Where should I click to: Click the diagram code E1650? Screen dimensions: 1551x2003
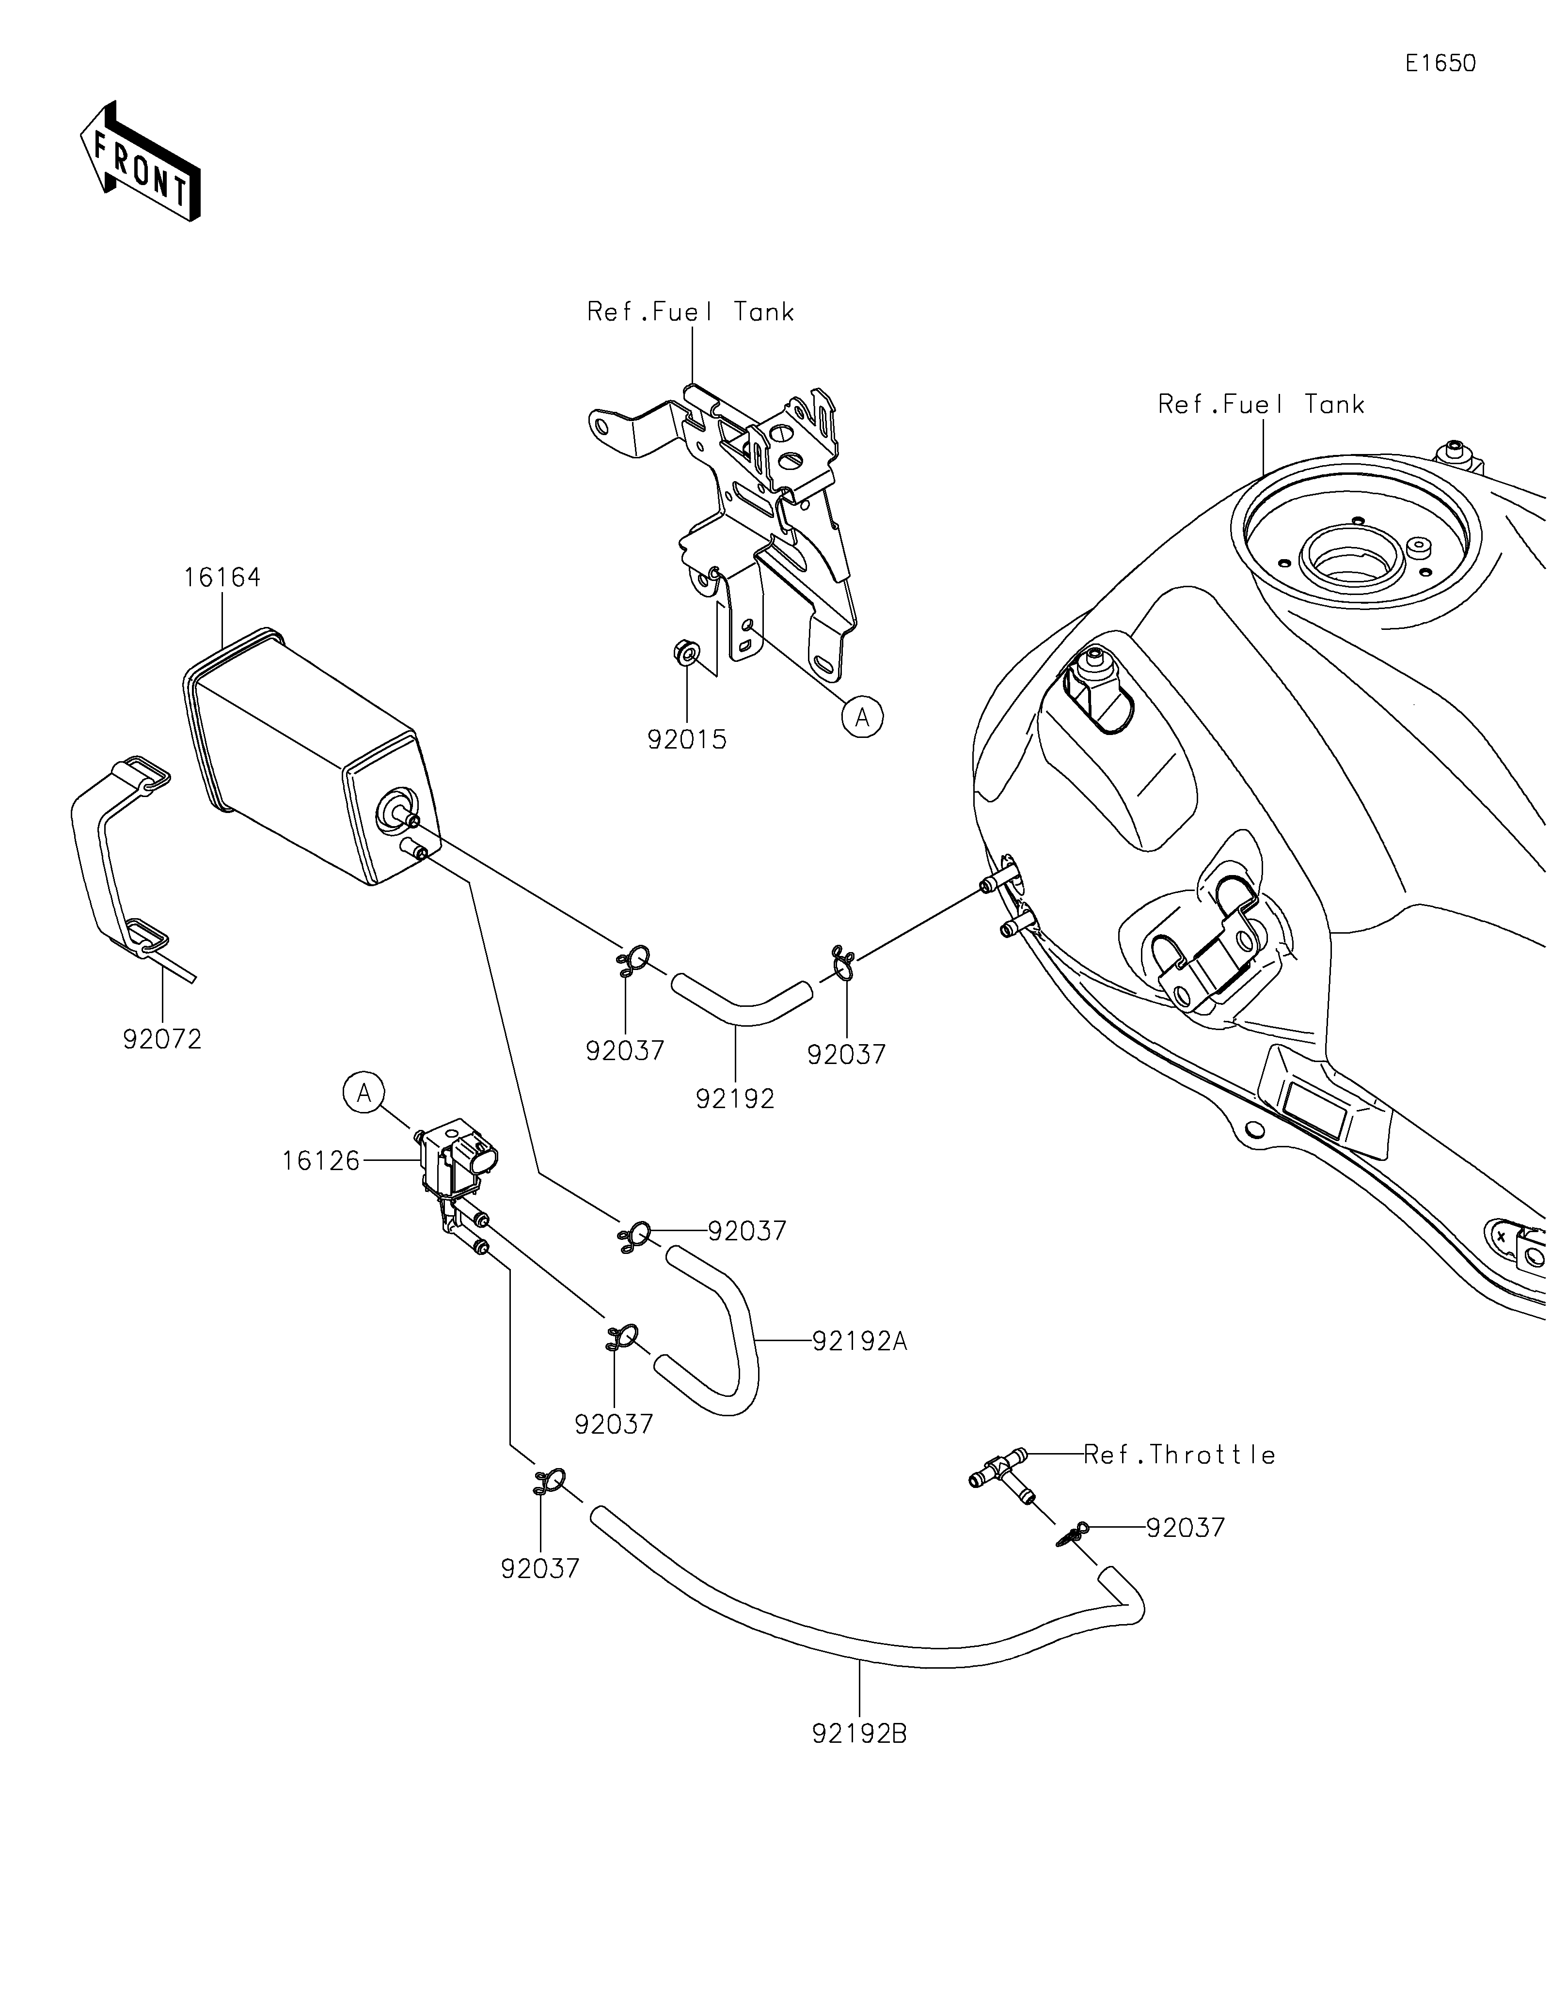coord(1440,63)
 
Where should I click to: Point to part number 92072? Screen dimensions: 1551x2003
coord(162,1039)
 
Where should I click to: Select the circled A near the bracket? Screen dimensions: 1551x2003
coord(862,717)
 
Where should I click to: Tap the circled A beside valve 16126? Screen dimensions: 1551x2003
coord(364,1093)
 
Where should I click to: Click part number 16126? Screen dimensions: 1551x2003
coord(321,1161)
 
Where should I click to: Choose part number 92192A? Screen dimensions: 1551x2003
coord(859,1342)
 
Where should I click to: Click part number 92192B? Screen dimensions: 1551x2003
coord(859,1734)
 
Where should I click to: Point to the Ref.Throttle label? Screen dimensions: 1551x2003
coord(1180,1455)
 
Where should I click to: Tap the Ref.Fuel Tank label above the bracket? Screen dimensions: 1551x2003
coord(691,312)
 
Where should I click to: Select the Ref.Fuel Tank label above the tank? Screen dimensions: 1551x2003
coord(1261,405)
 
